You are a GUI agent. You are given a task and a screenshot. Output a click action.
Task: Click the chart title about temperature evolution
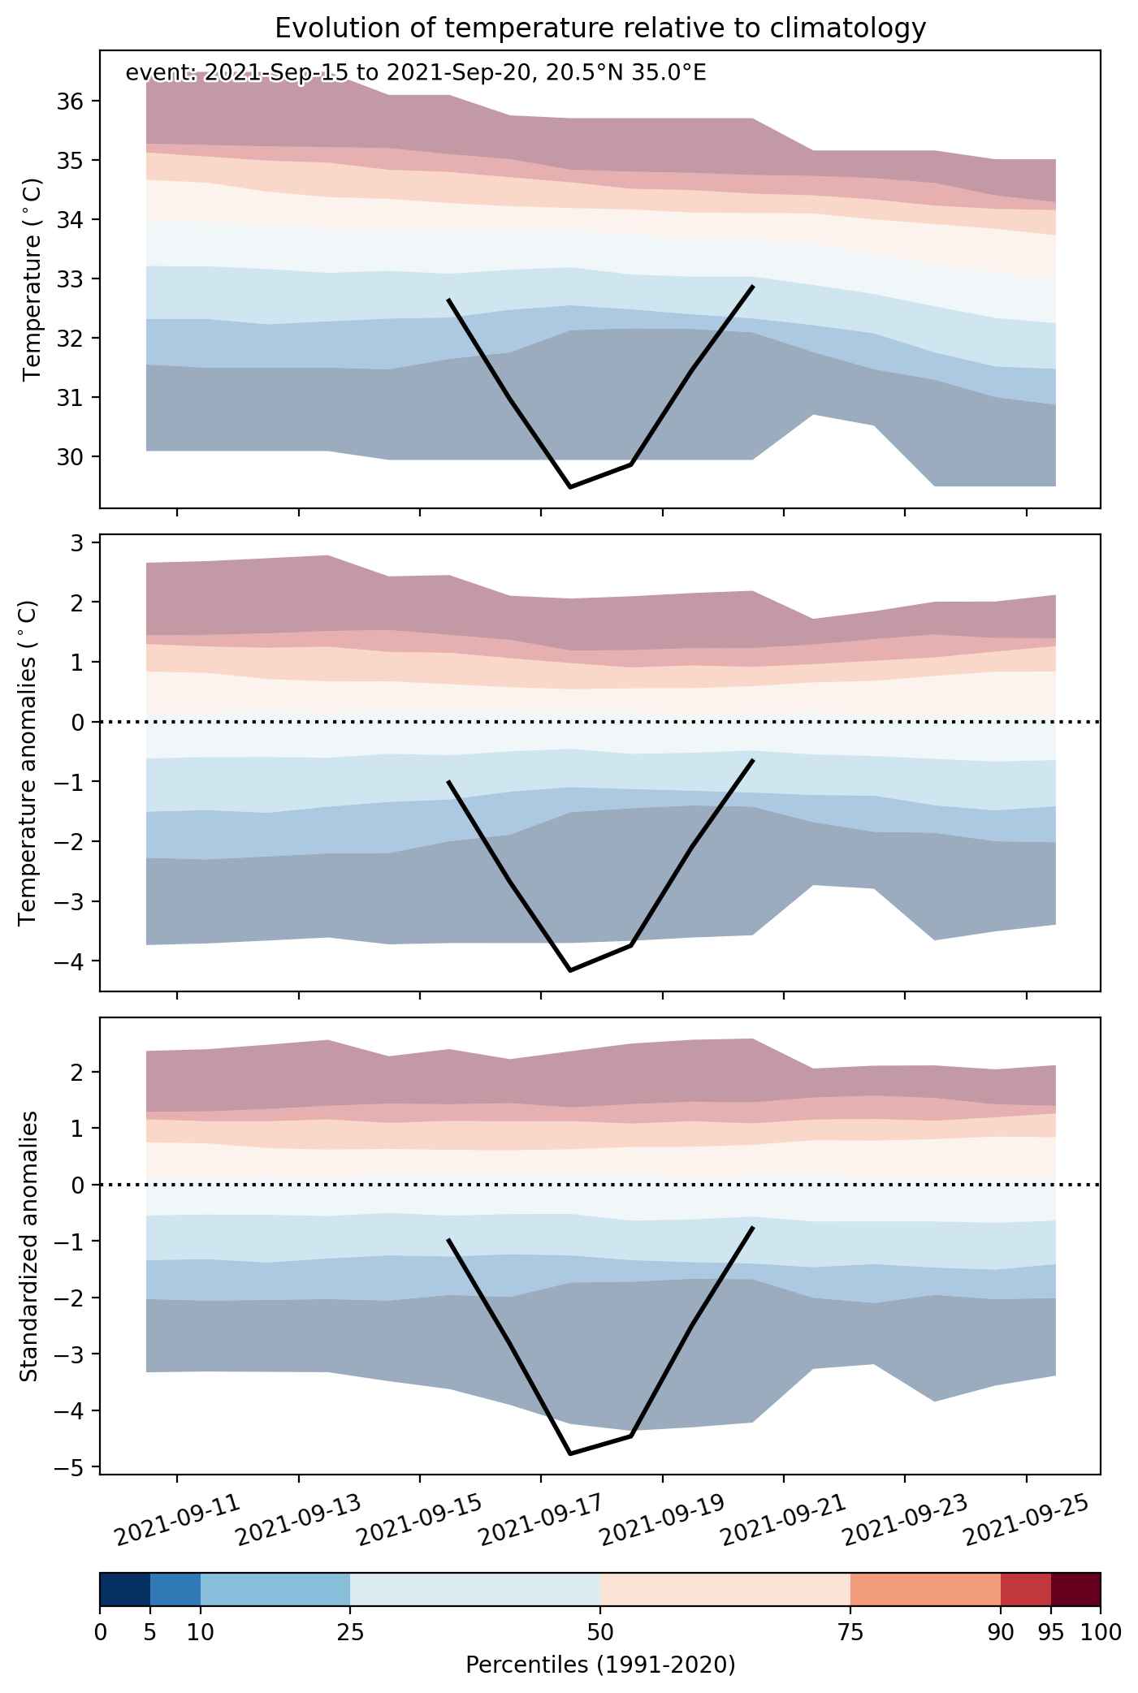(x=600, y=28)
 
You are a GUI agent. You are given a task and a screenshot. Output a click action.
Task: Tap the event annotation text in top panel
(x=416, y=73)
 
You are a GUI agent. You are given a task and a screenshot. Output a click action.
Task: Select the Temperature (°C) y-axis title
(x=32, y=279)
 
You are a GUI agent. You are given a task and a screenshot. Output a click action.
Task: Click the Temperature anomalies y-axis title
(x=28, y=762)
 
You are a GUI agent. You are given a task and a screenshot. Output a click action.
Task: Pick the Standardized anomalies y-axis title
(x=28, y=1246)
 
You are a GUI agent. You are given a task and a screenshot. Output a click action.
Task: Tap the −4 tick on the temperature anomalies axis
(x=73, y=961)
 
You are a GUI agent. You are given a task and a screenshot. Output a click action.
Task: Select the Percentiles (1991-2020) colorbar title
(x=600, y=1665)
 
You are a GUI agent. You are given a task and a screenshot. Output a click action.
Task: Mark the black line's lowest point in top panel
(x=570, y=487)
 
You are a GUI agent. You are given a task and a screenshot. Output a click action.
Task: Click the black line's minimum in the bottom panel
(x=570, y=1453)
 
